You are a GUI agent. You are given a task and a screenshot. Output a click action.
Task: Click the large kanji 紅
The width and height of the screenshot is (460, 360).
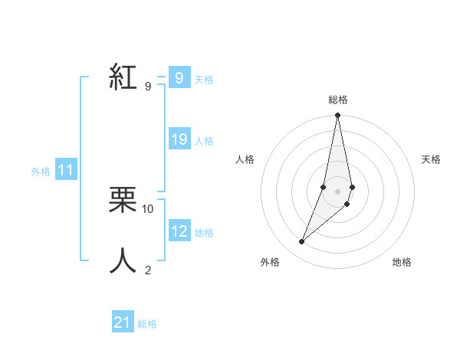click(123, 78)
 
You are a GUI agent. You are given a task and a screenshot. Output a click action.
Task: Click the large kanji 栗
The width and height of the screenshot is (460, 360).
click(123, 201)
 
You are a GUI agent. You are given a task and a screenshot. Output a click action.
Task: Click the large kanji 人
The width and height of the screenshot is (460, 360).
click(123, 261)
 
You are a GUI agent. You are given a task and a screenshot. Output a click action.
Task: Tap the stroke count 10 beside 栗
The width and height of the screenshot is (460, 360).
click(148, 208)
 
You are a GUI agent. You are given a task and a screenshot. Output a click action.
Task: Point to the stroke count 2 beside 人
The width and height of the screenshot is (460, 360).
click(148, 270)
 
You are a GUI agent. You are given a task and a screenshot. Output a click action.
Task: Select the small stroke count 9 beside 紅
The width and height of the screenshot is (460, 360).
click(148, 87)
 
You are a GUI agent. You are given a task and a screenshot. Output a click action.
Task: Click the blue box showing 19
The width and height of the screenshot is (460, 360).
click(179, 139)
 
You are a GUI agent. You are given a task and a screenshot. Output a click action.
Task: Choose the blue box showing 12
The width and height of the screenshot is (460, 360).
click(179, 231)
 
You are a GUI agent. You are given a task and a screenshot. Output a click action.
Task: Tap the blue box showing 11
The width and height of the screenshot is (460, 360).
click(66, 171)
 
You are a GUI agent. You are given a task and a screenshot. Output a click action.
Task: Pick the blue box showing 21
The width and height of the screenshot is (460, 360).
click(123, 322)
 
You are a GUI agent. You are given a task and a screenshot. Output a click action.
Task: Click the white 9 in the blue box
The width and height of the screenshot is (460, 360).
click(179, 78)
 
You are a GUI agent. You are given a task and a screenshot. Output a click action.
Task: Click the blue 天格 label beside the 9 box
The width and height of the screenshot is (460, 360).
click(204, 79)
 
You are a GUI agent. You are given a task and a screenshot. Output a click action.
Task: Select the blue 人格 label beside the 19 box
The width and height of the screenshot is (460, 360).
click(204, 140)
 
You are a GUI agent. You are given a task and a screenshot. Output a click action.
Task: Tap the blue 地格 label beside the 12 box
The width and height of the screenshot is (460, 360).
click(204, 232)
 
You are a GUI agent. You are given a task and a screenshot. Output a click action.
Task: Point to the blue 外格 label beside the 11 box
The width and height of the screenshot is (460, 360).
click(41, 172)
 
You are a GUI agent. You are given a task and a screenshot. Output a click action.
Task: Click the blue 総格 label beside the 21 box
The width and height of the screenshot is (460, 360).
click(147, 323)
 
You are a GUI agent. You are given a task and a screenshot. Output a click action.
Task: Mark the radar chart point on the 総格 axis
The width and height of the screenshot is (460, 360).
click(337, 116)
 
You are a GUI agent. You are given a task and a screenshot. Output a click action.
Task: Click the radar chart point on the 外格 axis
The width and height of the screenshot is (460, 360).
click(302, 242)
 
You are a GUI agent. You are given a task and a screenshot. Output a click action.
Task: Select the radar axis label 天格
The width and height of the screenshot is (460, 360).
click(432, 159)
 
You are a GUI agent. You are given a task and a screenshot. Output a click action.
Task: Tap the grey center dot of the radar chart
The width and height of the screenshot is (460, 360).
click(337, 191)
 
